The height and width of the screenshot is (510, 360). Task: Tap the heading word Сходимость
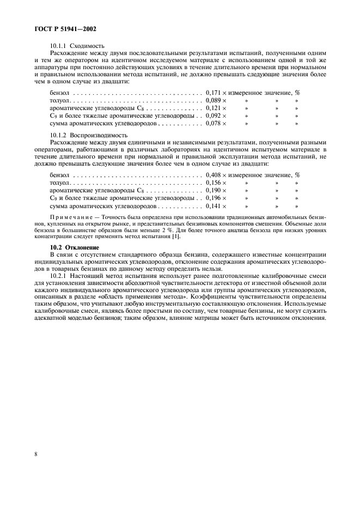tap(87, 46)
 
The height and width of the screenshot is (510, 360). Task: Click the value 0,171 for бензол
tap(213, 93)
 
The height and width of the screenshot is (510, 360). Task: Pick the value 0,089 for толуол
tap(213, 101)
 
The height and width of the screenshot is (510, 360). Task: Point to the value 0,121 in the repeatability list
tap(213, 108)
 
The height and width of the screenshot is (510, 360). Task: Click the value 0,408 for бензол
tap(213, 175)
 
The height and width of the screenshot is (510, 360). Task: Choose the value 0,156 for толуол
tap(213, 183)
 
